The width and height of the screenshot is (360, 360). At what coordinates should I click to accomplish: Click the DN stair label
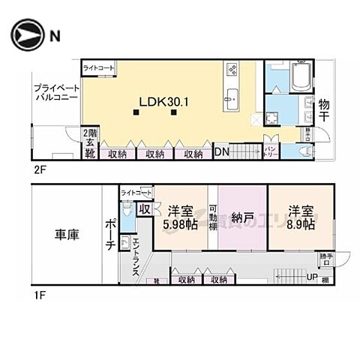click(223, 152)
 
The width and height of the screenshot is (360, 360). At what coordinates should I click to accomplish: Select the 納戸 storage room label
click(241, 220)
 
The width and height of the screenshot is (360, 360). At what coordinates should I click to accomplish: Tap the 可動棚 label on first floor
click(213, 217)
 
